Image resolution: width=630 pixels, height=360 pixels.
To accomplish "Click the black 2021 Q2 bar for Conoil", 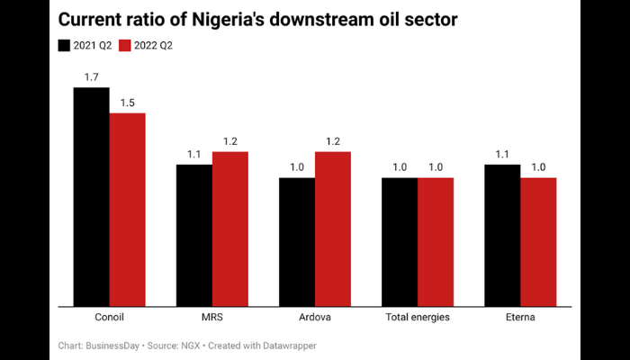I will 91,197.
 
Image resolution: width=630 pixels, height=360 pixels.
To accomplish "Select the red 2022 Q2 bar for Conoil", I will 127,210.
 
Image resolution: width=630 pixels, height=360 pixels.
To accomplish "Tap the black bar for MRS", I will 193,236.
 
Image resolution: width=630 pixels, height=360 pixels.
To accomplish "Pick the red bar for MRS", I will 229,229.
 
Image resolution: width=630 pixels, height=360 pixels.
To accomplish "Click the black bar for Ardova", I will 296,242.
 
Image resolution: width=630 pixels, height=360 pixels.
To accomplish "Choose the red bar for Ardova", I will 332,229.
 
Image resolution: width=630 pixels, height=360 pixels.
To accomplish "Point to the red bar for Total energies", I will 435,242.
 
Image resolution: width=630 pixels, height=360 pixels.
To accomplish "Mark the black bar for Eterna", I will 502,236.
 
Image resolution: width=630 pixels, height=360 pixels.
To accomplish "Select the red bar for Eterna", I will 538,242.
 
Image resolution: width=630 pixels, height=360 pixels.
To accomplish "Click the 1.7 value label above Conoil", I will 91,77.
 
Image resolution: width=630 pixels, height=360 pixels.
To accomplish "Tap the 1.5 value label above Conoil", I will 127,103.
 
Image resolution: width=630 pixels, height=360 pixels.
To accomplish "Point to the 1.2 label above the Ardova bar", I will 332,141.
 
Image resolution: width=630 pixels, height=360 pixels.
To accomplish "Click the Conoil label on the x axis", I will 109,318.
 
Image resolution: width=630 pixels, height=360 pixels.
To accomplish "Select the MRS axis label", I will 211,318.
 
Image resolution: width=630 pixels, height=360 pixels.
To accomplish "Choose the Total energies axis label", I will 418,318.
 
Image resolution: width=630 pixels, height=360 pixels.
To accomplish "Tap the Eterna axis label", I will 520,318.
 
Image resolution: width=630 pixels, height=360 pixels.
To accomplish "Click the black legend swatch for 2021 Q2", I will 65,45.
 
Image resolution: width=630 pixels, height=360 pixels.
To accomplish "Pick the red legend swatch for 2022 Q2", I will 125,45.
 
